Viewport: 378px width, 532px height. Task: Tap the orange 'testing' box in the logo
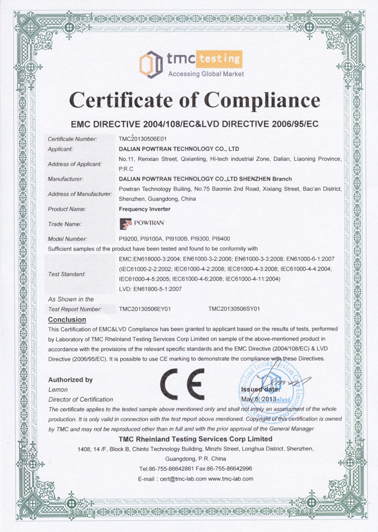(219, 57)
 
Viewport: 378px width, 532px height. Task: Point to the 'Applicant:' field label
(64, 148)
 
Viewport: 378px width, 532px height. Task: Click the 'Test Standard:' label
(67, 274)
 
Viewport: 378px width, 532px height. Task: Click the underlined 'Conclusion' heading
(67, 319)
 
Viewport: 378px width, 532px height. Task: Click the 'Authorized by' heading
(70, 380)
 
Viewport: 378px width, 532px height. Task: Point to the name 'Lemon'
(58, 389)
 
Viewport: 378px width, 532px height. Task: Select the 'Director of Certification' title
(80, 399)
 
